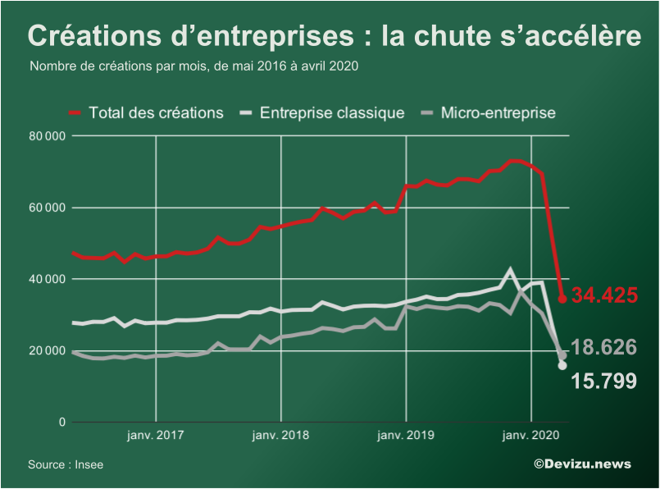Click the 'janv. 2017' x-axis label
(156, 436)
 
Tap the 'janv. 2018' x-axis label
(281, 436)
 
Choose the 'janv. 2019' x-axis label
(406, 436)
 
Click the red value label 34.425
(605, 295)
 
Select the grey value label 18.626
(603, 347)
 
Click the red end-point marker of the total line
(562, 299)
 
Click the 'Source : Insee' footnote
(66, 464)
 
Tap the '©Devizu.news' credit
(582, 464)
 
